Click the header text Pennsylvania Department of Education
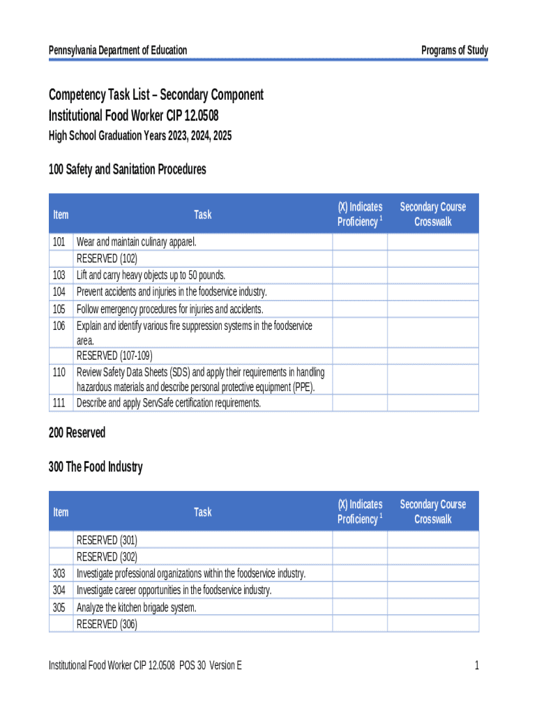(x=118, y=50)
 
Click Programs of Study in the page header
(x=455, y=50)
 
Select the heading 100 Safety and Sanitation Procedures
(x=127, y=169)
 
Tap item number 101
(x=59, y=242)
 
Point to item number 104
(x=59, y=292)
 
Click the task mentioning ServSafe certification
(x=168, y=403)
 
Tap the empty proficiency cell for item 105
(x=360, y=309)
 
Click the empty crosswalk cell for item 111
(x=432, y=403)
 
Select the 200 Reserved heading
(x=77, y=433)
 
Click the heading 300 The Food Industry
(x=96, y=467)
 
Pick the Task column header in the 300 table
(x=203, y=512)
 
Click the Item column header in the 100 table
(x=61, y=214)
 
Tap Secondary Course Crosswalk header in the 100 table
(x=432, y=214)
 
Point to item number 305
(x=59, y=607)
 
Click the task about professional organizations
(x=191, y=573)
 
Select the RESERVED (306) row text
(x=107, y=624)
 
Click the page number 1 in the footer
(x=477, y=666)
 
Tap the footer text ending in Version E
(x=145, y=666)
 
